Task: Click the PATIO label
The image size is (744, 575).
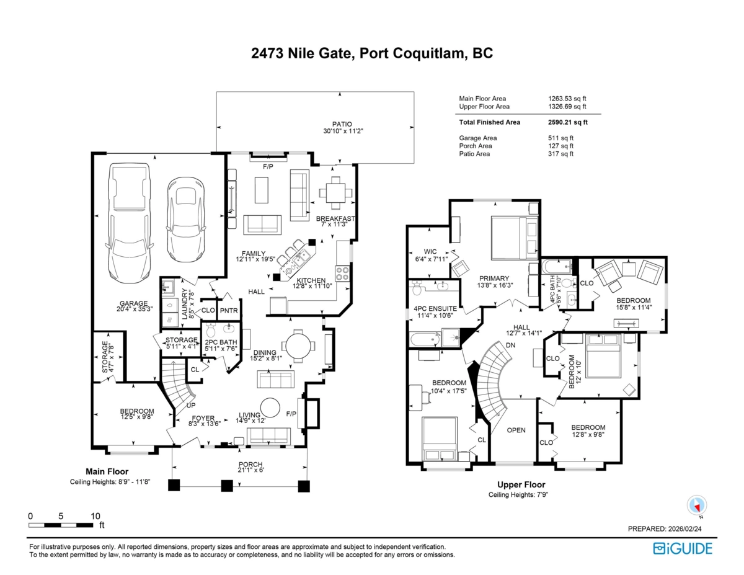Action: (x=339, y=123)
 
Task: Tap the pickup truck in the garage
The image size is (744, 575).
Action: (x=129, y=220)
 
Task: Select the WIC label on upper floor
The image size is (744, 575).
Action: (x=430, y=251)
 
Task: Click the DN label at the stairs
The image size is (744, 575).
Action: (x=511, y=345)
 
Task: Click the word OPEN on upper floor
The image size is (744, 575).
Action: (x=517, y=430)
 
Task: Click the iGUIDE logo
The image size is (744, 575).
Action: (x=683, y=548)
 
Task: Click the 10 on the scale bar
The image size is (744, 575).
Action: (x=95, y=516)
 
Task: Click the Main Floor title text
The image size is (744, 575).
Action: (x=107, y=471)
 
